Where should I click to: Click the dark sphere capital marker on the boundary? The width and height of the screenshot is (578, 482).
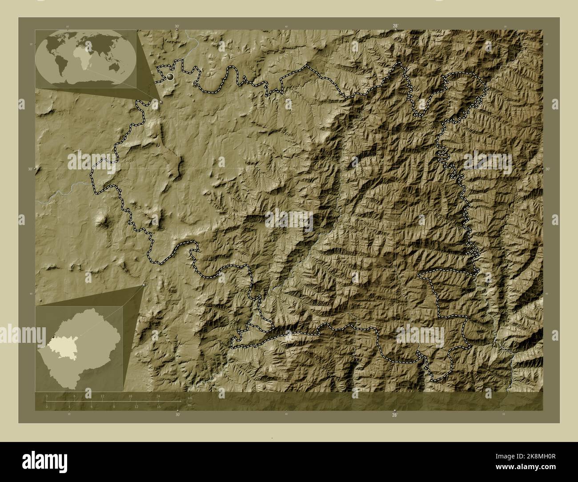point(170,78)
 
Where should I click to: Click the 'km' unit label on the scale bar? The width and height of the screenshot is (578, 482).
point(190,398)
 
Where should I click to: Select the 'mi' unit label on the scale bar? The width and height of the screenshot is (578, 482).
point(189,406)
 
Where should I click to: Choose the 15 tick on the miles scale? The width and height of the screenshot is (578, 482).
point(158,406)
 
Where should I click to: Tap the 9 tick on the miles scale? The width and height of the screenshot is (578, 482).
point(114,406)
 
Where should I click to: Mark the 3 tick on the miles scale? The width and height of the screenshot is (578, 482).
point(69,406)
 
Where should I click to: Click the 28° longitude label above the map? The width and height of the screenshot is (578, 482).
point(395,26)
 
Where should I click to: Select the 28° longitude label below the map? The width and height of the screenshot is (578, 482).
point(394,415)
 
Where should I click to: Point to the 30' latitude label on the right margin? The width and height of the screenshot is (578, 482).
point(547,169)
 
